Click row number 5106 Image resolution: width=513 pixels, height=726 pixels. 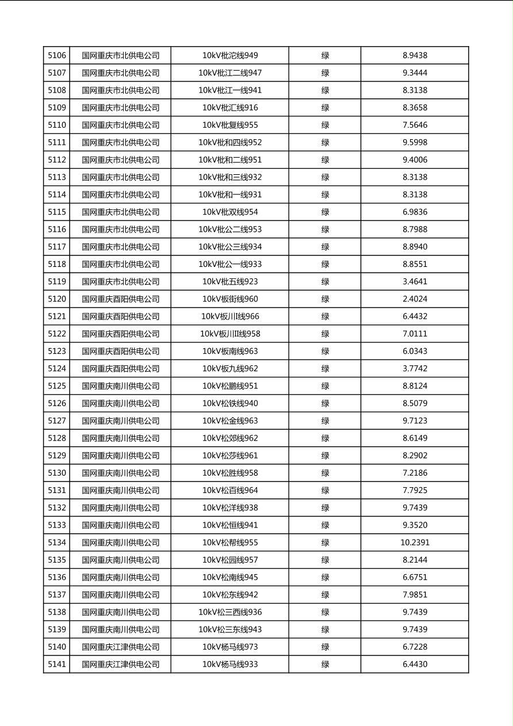pos(57,56)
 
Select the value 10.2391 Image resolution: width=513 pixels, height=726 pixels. pos(415,542)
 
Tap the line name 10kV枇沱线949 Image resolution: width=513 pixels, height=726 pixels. pos(230,56)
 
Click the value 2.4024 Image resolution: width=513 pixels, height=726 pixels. pos(415,299)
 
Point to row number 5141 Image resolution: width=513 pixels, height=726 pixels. pos(57,664)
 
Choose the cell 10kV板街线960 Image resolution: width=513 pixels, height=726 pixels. pos(230,299)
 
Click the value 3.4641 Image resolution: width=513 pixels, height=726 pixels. pos(415,282)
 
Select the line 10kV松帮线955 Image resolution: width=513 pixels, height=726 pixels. pos(230,542)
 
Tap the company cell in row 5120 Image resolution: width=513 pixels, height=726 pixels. pos(120,299)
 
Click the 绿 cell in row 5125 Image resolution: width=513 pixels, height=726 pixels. pos(325,386)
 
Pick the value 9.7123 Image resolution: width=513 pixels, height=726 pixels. pos(415,421)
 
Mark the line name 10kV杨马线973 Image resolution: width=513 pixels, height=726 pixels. pos(230,647)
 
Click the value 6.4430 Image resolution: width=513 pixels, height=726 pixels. pos(415,664)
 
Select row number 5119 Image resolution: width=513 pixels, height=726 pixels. pos(57,282)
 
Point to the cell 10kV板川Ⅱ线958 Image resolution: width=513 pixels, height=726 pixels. pos(230,334)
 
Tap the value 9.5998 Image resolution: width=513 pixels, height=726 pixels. pos(415,143)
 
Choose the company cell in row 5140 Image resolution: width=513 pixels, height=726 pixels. pos(120,647)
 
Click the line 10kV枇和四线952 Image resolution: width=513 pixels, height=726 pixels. pos(230,143)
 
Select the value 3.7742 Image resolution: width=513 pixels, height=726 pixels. pos(415,369)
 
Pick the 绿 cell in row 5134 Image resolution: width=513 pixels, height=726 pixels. pos(325,542)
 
